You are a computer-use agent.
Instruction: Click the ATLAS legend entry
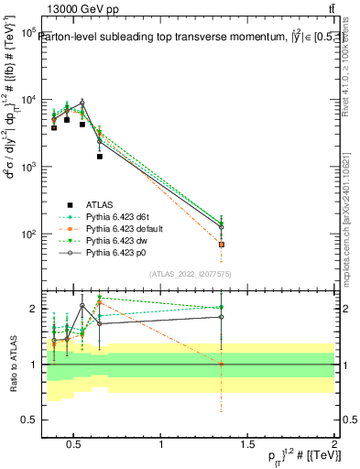[100, 203]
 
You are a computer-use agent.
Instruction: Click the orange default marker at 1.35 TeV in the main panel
[222, 245]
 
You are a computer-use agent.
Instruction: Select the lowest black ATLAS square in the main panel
[100, 156]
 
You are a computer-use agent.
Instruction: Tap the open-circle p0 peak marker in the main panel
[82, 103]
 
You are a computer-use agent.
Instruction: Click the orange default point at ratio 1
[222, 365]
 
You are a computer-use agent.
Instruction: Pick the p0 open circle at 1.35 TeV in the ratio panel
[222, 317]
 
